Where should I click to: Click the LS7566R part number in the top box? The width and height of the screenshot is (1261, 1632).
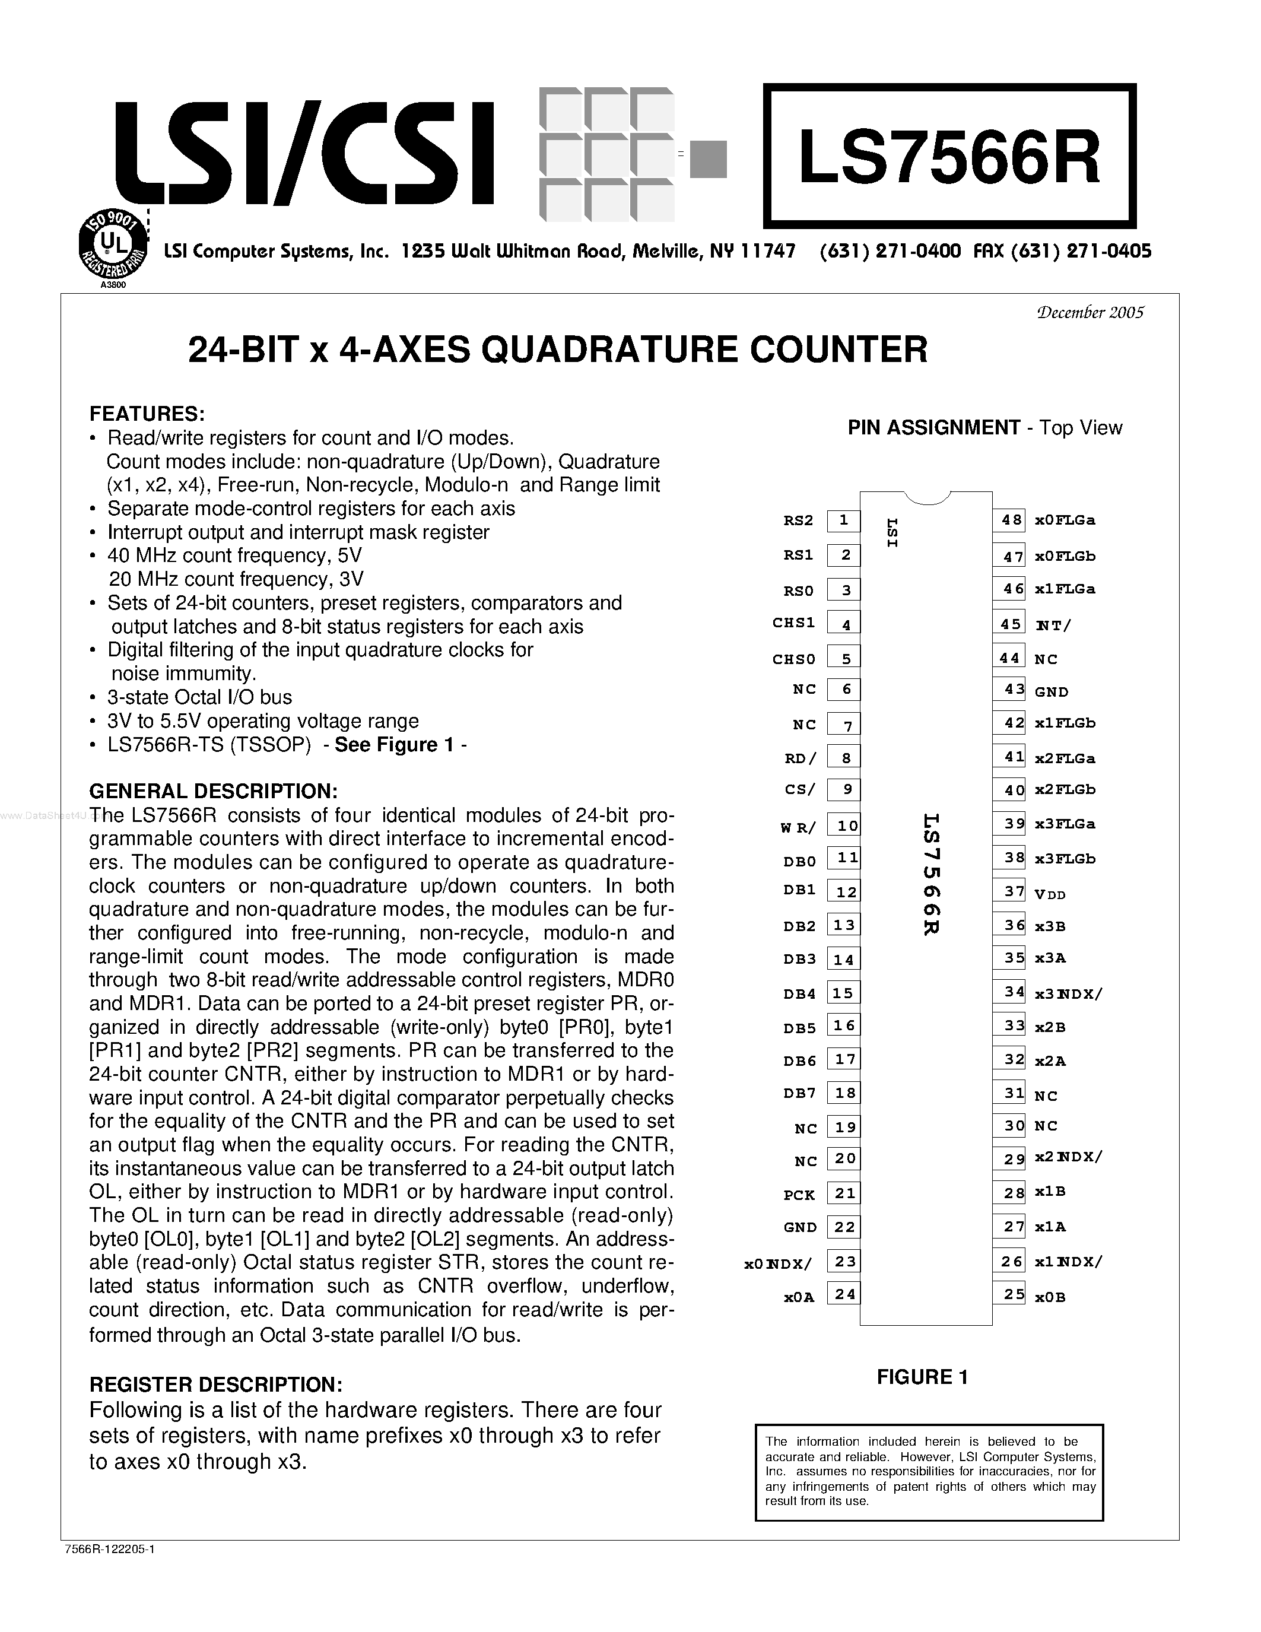pyautogui.click(x=949, y=158)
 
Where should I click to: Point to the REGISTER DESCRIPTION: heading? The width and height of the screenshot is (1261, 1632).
pyautogui.click(x=216, y=1385)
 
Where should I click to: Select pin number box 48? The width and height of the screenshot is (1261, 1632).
pyautogui.click(x=1010, y=520)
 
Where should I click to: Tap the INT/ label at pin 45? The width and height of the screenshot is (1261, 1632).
pyautogui.click(x=1053, y=626)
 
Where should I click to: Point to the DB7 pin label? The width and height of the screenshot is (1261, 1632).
pyautogui.click(x=799, y=1093)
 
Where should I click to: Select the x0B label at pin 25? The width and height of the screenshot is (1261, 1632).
pyautogui.click(x=1050, y=1298)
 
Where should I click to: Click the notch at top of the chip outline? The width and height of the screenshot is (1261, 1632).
pyautogui.click(x=926, y=498)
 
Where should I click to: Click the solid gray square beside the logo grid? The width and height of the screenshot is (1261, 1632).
pyautogui.click(x=707, y=159)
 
